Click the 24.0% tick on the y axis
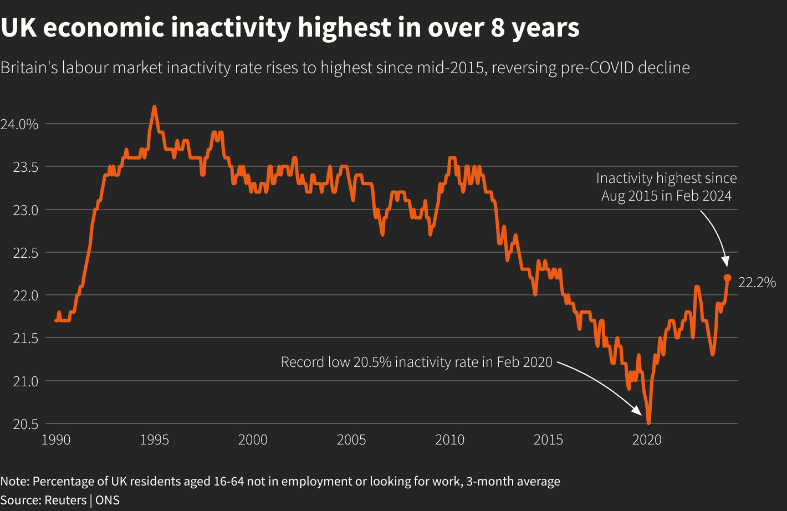click(19, 124)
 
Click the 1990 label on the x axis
click(56, 440)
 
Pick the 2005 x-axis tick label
click(351, 440)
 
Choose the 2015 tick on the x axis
click(548, 440)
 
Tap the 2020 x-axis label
click(647, 440)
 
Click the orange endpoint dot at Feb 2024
click(728, 278)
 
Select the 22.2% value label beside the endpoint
click(757, 283)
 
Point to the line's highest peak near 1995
click(154, 106)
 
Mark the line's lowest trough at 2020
click(648, 423)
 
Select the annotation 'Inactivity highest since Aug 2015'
click(666, 187)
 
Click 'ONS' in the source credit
click(108, 500)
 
